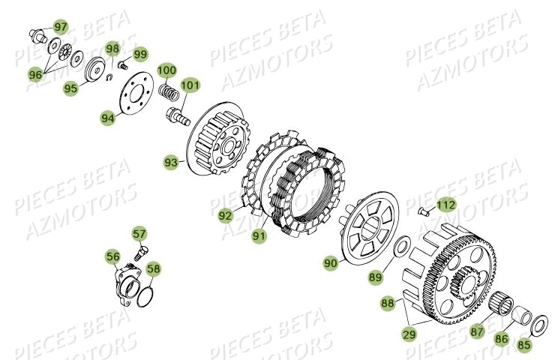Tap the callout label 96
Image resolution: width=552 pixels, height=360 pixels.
[35, 75]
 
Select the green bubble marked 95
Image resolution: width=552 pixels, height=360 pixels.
[71, 88]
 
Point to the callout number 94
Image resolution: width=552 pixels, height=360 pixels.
[109, 117]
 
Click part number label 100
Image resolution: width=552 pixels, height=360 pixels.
[167, 70]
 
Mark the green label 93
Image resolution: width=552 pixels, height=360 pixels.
[172, 161]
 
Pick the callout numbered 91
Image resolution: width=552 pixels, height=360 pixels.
[259, 235]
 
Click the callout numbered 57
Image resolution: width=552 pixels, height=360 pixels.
[140, 234]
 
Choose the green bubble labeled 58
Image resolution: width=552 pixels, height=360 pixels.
[153, 268]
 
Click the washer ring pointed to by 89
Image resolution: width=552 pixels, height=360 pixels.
[402, 246]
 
